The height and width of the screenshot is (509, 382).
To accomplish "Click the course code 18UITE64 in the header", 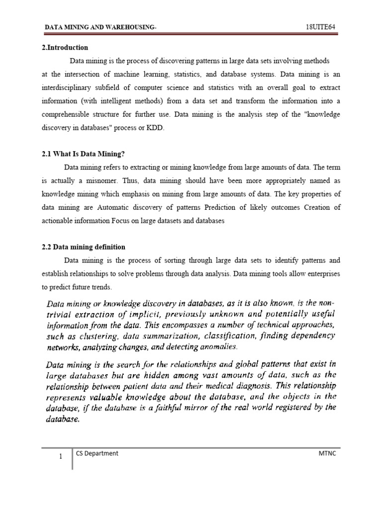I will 323,26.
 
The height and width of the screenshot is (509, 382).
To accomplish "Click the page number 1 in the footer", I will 60,458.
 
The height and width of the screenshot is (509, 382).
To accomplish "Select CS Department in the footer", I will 97,453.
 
